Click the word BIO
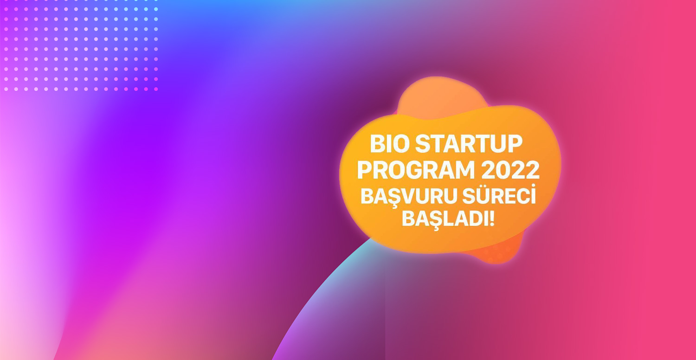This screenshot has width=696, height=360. click(x=389, y=144)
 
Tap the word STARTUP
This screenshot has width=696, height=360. click(x=469, y=144)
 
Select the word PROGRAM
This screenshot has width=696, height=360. click(x=416, y=170)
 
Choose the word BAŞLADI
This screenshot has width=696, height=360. click(x=445, y=219)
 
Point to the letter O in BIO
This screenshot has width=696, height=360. click(x=399, y=144)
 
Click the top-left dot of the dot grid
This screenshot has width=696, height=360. click(x=6, y=9)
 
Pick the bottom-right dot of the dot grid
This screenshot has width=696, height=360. click(x=156, y=89)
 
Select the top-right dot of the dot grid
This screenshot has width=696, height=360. click(x=156, y=9)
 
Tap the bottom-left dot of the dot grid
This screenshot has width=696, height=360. click(x=6, y=89)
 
